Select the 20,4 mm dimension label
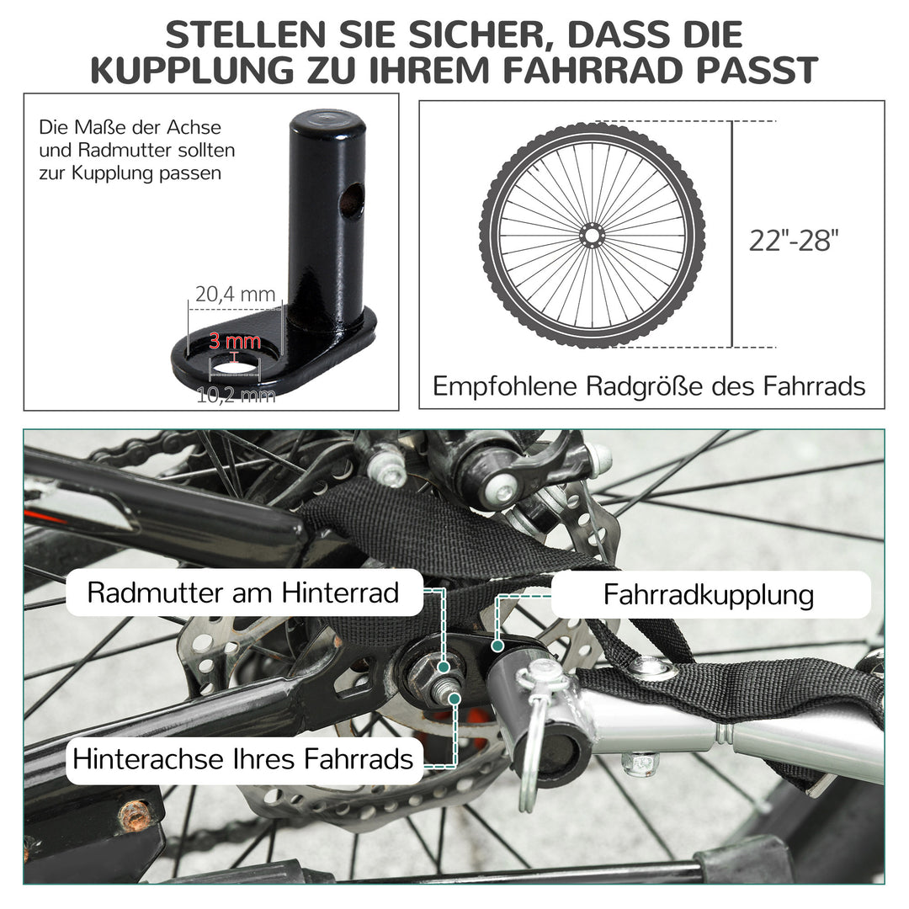(x=235, y=294)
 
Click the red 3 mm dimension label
(x=235, y=342)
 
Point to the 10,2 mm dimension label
(x=236, y=395)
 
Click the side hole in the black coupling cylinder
(x=351, y=201)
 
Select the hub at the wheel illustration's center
(x=592, y=235)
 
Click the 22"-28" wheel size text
(x=795, y=241)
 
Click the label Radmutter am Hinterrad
(x=243, y=593)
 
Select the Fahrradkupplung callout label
(x=709, y=595)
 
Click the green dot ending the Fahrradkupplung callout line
(x=497, y=646)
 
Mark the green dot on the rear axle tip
(x=454, y=698)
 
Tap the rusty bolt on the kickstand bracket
(x=135, y=815)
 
